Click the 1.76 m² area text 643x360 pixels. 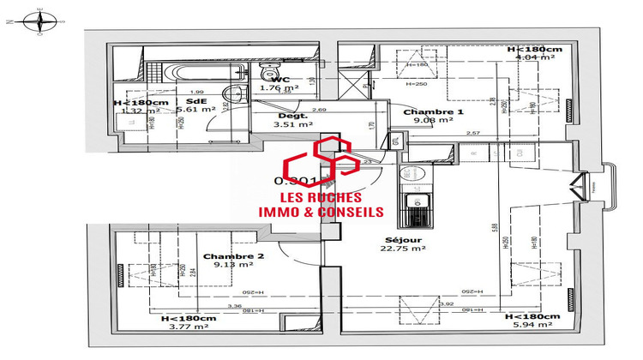[x=279, y=87]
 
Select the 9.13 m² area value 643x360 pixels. [x=233, y=265]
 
